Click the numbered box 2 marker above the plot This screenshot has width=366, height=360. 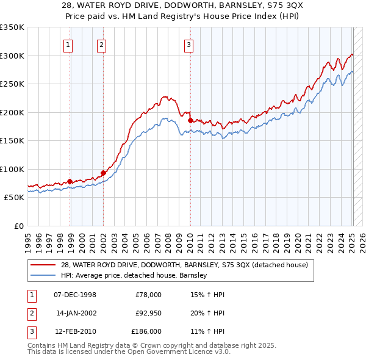[x=101, y=44]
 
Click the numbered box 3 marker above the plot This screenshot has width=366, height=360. [x=188, y=44]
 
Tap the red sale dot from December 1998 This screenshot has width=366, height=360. [x=70, y=181]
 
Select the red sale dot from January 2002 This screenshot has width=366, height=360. [x=103, y=173]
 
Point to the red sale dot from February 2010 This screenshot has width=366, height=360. [x=190, y=120]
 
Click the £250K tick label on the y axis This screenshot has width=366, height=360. [x=12, y=84]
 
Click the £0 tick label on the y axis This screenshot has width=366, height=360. [x=18, y=226]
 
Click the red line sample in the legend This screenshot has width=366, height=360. [x=44, y=265]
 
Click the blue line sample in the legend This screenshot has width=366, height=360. [x=44, y=275]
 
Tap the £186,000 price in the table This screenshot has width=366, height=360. [x=146, y=331]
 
